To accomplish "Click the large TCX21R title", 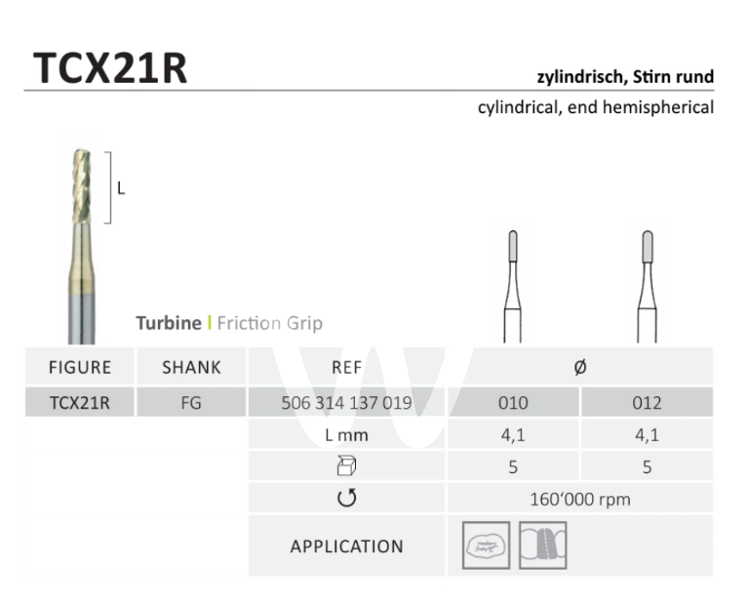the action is (110, 68).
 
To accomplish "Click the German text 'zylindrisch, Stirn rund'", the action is (625, 77).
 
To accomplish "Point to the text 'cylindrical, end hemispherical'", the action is (596, 107).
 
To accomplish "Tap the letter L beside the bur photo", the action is (121, 189).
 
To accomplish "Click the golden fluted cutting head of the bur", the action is (82, 186).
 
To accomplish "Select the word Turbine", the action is (169, 323).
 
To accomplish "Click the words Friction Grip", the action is (269, 324).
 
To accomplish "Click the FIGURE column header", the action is (80, 368).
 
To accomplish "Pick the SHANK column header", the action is (191, 368).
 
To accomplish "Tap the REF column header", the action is (347, 368).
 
